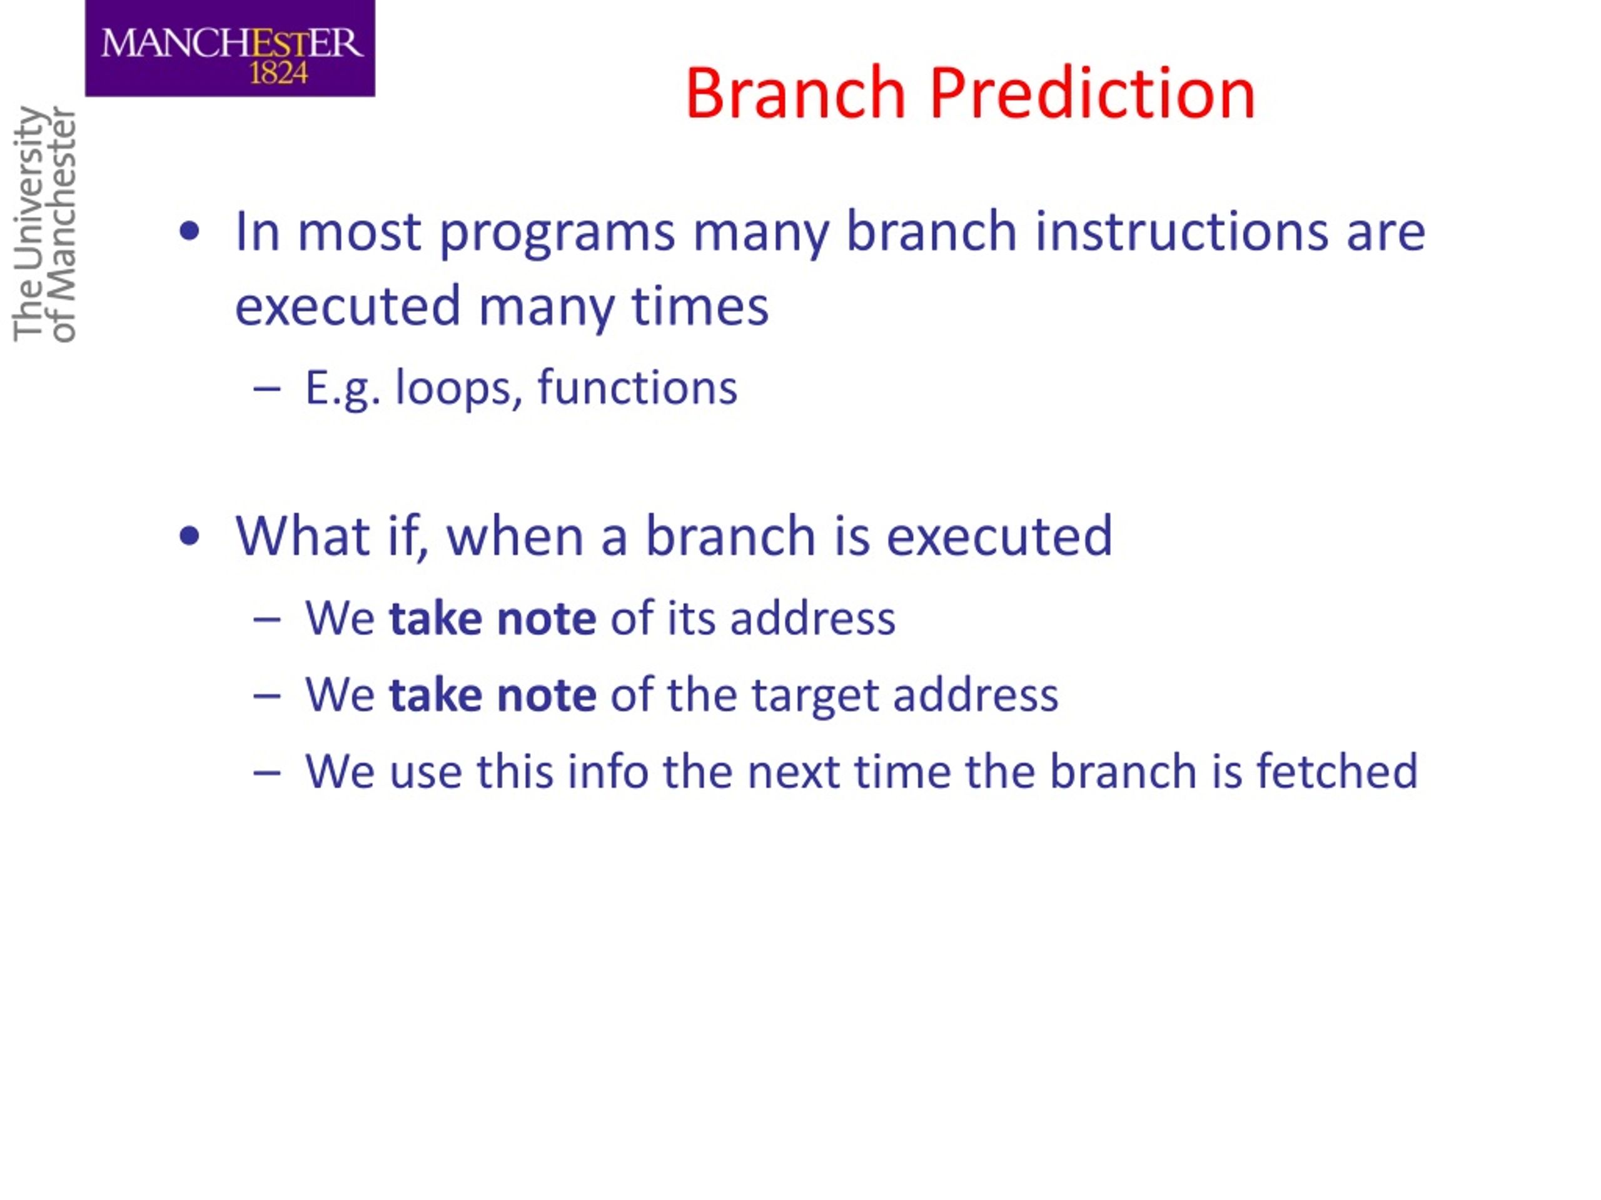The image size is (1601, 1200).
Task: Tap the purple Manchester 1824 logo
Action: tap(230, 49)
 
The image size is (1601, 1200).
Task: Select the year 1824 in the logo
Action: tap(279, 72)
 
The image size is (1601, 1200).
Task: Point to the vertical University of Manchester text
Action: tap(44, 224)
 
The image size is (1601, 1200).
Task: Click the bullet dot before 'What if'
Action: tap(189, 536)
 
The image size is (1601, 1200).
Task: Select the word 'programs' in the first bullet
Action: tap(557, 234)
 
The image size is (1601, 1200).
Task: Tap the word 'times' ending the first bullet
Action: tap(700, 306)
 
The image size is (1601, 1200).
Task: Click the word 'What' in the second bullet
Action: tap(303, 536)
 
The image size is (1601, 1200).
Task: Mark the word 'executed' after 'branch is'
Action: tap(999, 536)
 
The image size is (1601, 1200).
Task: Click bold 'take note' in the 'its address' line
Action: tap(493, 619)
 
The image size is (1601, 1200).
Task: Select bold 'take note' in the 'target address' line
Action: tap(493, 695)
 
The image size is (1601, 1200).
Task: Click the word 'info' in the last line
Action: tap(608, 771)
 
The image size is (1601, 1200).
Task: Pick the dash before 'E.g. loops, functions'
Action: tap(267, 389)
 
